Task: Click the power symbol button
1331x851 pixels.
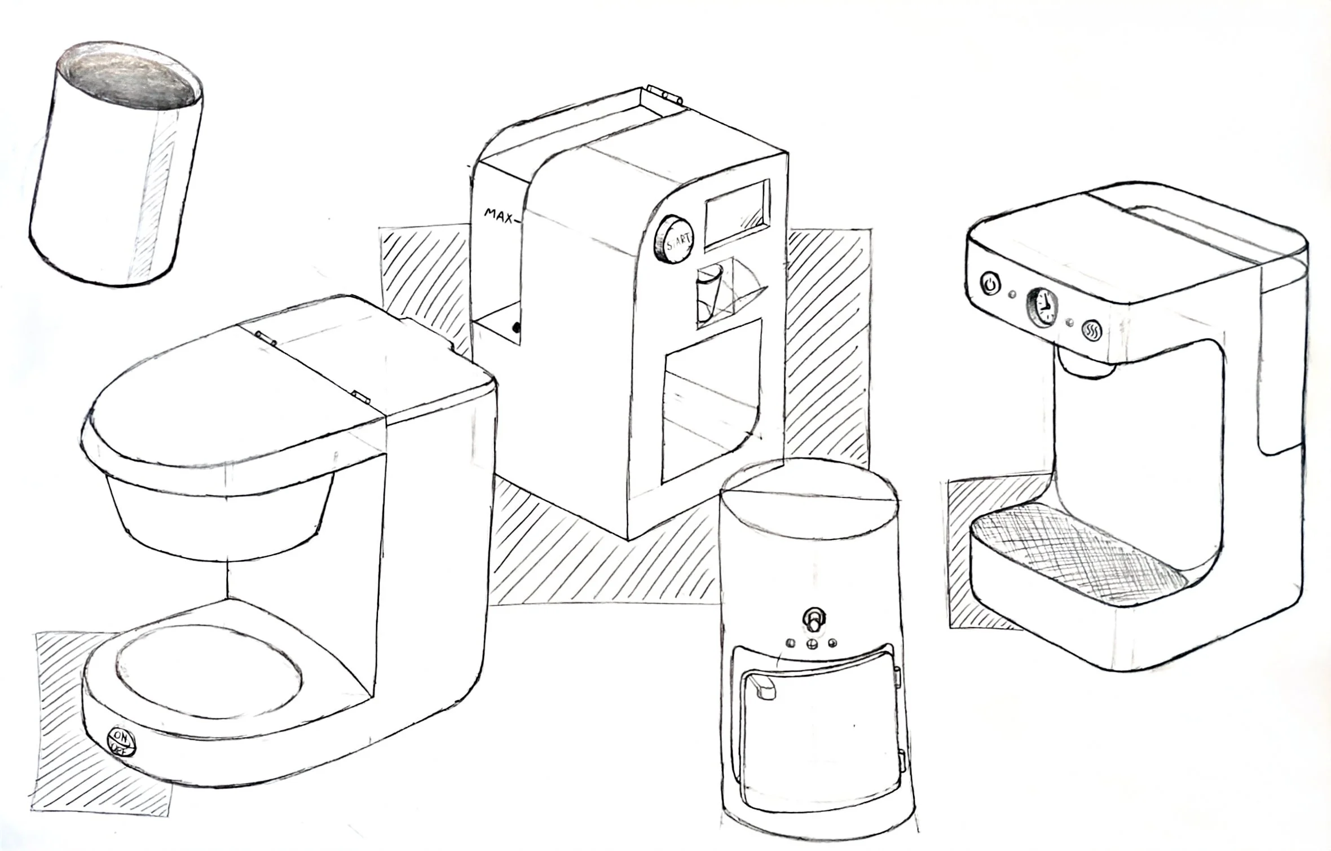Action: tap(990, 283)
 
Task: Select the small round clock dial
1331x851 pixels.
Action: tap(1041, 306)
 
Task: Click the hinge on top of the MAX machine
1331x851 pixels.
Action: tap(664, 92)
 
